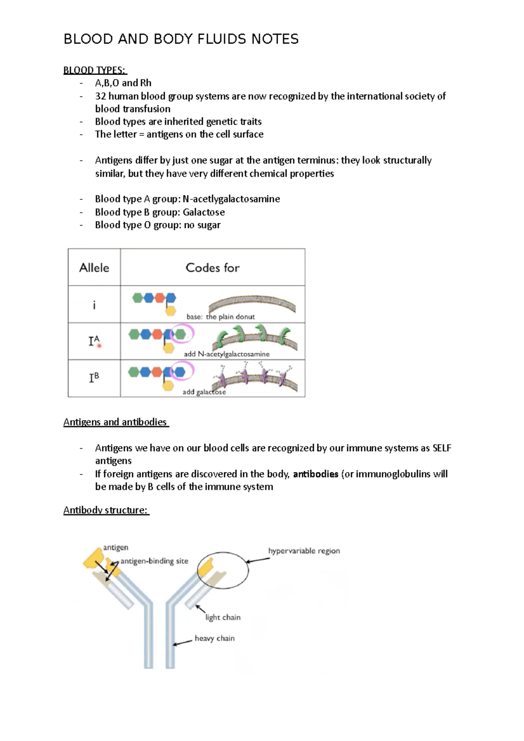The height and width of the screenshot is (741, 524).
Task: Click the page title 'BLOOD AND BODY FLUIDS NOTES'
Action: coord(181,39)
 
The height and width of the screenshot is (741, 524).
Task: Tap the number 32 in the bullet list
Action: coord(100,96)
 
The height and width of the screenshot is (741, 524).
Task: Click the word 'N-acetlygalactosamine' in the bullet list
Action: coord(231,199)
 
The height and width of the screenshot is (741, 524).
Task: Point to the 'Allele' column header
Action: coord(94,268)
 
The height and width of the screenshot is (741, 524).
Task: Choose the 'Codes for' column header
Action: coord(212,268)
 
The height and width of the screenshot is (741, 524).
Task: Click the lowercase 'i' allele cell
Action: coord(94,305)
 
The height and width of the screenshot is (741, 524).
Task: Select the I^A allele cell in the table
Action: coord(94,341)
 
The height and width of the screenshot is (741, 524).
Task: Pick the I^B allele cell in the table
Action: coord(94,377)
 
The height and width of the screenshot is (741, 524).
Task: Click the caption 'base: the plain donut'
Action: coord(221,317)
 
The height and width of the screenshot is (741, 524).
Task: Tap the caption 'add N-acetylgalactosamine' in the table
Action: coord(227,354)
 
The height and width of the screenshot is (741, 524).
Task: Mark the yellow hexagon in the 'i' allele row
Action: coord(170,311)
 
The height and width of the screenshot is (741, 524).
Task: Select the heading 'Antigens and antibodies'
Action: coord(115,422)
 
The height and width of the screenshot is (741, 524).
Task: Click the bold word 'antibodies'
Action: coord(315,474)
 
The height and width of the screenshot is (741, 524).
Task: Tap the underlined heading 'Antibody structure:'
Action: coord(106,510)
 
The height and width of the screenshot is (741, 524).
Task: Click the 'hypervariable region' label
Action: coord(304,551)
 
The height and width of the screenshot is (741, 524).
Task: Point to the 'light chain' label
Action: coord(223,617)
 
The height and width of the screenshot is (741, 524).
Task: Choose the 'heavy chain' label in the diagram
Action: coord(214,638)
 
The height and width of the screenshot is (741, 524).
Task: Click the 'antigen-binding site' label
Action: coord(154,561)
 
